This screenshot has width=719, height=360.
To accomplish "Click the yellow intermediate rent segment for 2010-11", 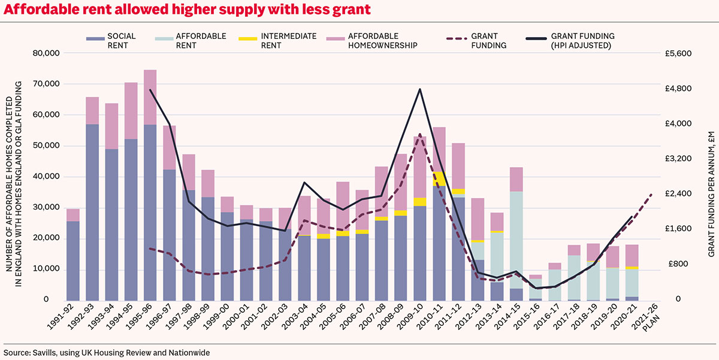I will pyautogui.click(x=439, y=179).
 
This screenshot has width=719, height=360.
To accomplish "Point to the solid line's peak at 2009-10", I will pyautogui.click(x=419, y=89).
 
